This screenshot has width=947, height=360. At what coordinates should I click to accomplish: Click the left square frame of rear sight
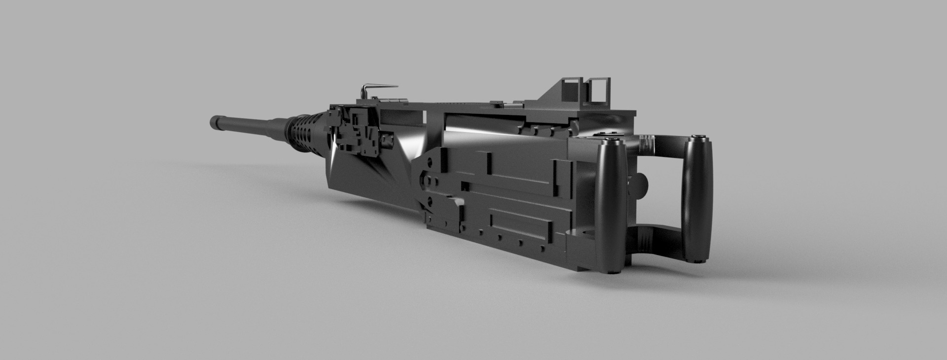click(572, 92)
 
